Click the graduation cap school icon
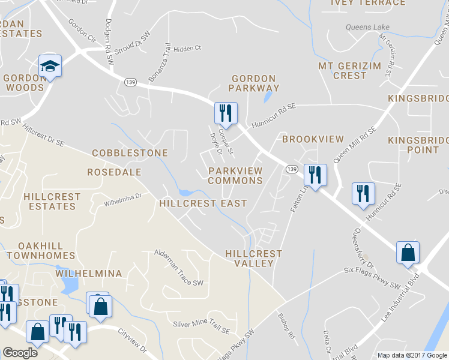pos(50,66)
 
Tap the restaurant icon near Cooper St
pos(226,112)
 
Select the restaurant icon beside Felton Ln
pos(315,175)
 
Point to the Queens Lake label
pos(367,27)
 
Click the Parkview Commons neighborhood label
pos(235,176)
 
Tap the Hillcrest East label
pos(203,203)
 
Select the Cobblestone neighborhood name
pos(130,153)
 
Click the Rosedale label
pos(114,172)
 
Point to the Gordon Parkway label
pos(253,83)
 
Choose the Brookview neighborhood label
pos(313,139)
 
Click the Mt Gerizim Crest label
pos(342,70)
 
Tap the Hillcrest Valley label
pos(253,259)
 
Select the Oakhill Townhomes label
pos(46,251)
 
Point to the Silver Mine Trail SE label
pos(201,327)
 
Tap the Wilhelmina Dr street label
pos(122,200)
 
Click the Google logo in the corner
pos(20,353)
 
